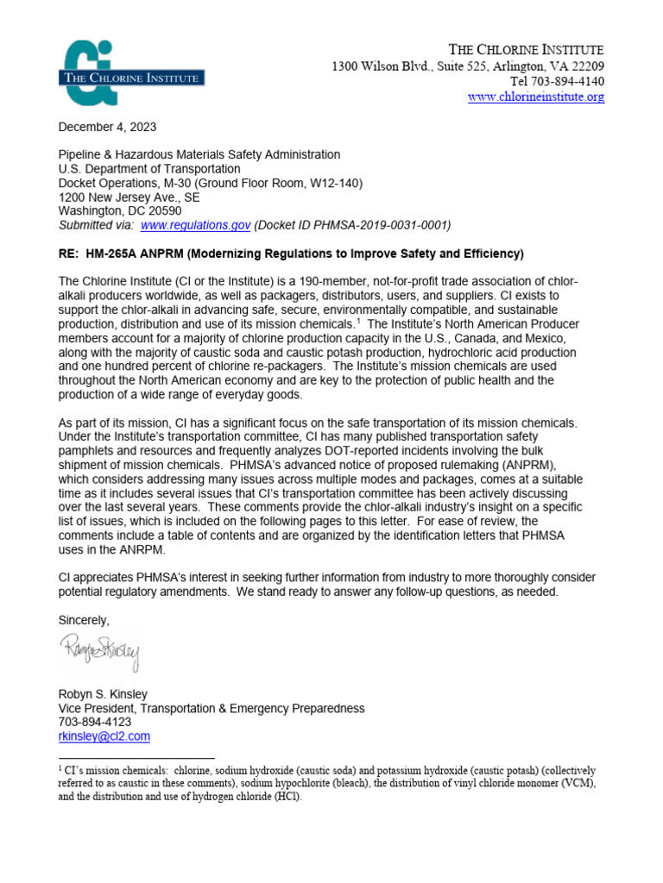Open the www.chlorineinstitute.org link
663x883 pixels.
coord(535,97)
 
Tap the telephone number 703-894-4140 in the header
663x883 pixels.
coord(567,82)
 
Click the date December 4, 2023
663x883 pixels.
coord(107,127)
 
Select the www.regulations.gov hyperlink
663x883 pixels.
coord(195,224)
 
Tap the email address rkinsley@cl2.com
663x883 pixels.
coord(104,736)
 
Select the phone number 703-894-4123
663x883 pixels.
coord(95,722)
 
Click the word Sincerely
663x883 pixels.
coord(85,620)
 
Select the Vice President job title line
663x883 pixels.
coord(211,708)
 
